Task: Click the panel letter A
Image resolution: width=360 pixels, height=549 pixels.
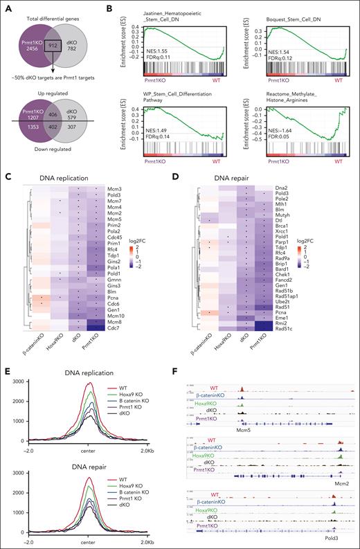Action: click(x=7, y=6)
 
